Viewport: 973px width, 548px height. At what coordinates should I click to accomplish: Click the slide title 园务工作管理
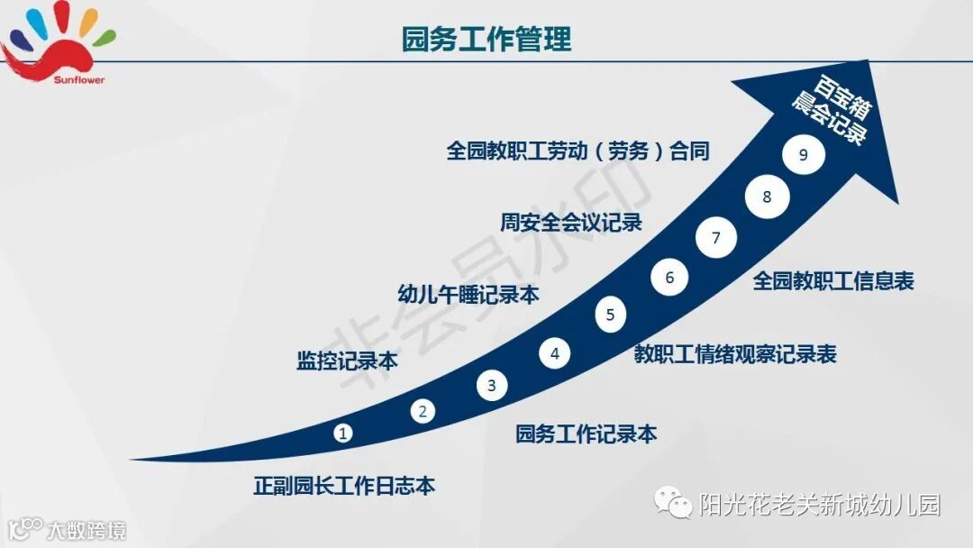click(x=486, y=40)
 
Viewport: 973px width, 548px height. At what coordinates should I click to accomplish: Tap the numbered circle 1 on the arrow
click(x=343, y=434)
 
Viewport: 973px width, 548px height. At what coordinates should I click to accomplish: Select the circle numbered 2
click(x=423, y=412)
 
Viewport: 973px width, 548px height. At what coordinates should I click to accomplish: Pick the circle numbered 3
click(x=491, y=387)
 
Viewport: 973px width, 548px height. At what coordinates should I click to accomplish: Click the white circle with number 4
click(x=555, y=353)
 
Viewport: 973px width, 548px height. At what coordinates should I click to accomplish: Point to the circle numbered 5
click(x=610, y=315)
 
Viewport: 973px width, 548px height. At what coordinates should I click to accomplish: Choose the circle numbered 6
click(x=669, y=278)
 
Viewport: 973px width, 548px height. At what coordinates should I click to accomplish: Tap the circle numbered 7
click(x=716, y=239)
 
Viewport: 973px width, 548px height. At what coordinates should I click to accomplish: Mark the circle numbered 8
click(x=767, y=197)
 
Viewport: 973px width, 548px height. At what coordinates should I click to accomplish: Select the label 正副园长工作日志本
click(x=344, y=487)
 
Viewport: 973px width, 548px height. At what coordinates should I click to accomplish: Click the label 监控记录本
click(x=347, y=361)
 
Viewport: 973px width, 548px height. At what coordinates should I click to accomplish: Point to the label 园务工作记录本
click(x=586, y=434)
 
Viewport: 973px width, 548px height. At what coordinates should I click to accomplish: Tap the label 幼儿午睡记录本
click(x=468, y=295)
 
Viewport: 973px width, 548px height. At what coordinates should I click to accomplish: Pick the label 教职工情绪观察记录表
click(x=735, y=354)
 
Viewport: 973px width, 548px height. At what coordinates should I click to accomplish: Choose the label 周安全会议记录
click(x=571, y=223)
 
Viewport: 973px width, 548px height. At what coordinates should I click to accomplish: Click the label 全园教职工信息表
click(x=833, y=282)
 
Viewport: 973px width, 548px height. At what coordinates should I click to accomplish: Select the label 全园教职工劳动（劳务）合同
click(x=577, y=151)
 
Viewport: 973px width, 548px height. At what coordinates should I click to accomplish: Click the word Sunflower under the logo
click(x=78, y=80)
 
